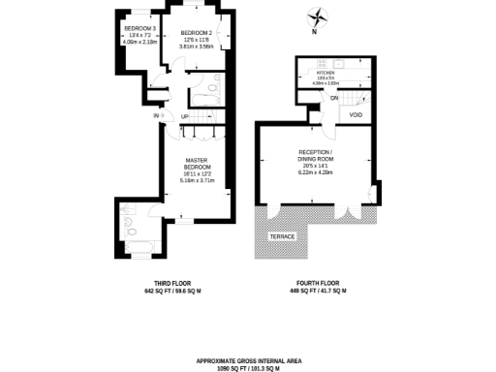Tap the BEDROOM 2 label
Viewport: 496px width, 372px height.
click(x=196, y=33)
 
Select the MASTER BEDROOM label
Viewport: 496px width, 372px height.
click(x=197, y=164)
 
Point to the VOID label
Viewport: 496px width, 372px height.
click(x=356, y=115)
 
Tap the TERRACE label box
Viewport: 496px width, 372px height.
click(x=283, y=236)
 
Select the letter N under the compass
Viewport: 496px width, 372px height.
click(x=315, y=33)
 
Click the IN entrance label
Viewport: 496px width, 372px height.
click(x=156, y=116)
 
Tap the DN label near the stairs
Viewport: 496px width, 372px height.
click(x=334, y=98)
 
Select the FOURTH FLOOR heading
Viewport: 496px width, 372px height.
click(x=316, y=283)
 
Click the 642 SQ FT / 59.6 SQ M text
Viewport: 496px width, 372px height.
click(x=170, y=291)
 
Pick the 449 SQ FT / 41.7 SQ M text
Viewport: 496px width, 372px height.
click(x=316, y=291)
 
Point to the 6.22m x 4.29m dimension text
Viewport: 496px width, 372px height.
click(x=317, y=171)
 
